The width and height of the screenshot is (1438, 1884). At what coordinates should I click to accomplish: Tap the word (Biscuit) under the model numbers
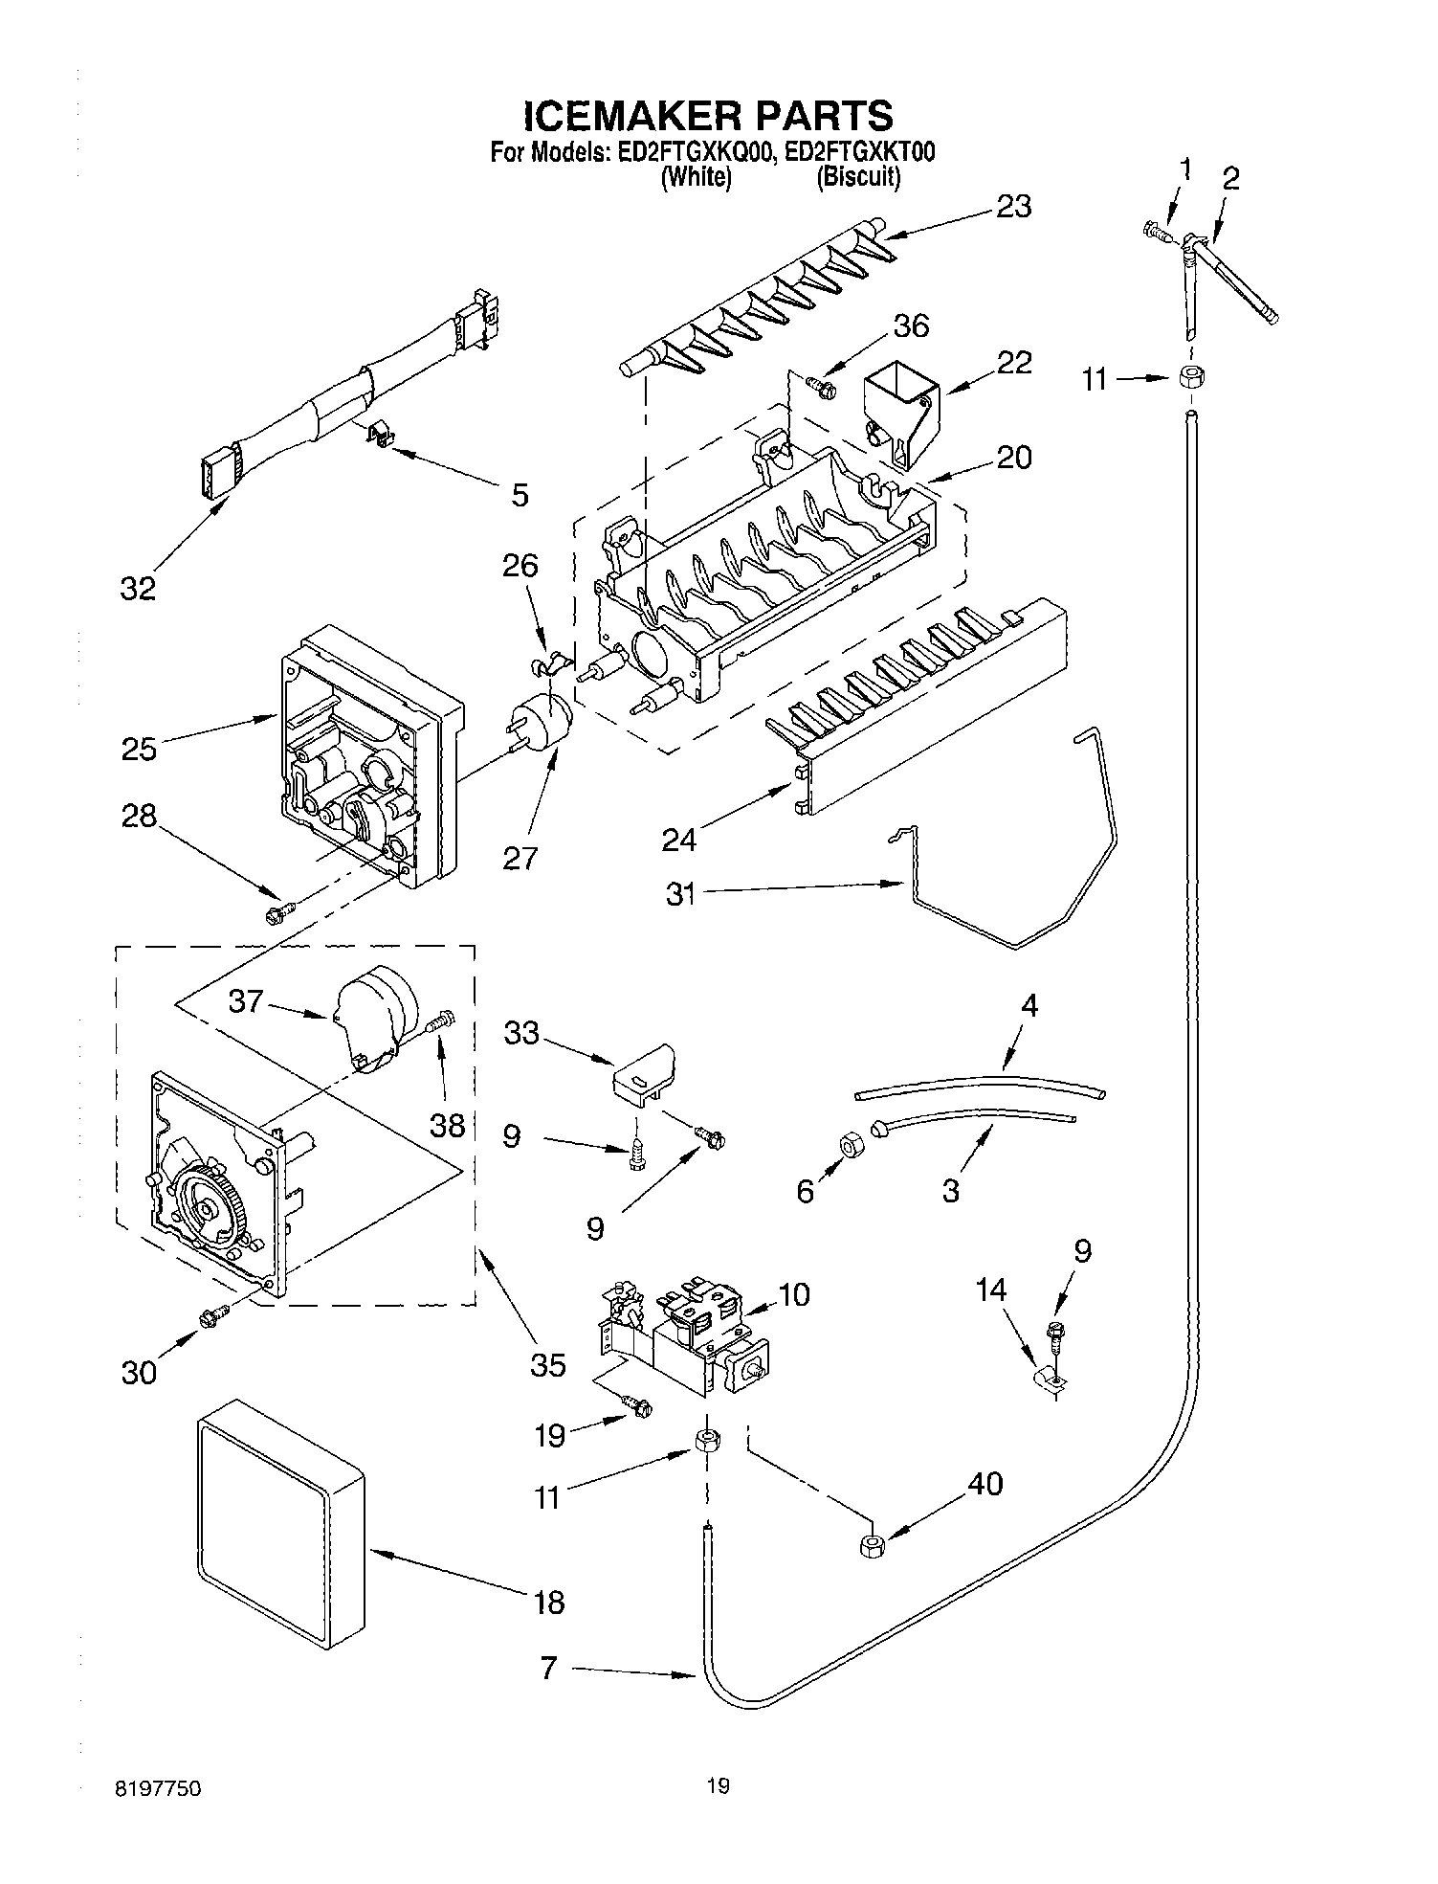tap(858, 177)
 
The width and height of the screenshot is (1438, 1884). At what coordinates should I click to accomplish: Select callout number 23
tap(1013, 206)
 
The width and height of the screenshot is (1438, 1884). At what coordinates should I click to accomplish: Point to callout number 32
tap(138, 588)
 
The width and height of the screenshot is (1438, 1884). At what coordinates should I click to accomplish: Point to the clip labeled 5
tap(382, 437)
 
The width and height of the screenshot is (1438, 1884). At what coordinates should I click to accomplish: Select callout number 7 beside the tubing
tap(548, 1669)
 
